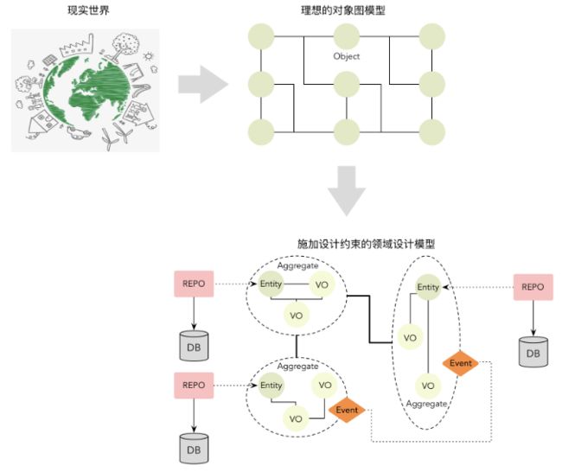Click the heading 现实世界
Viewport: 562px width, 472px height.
coord(88,10)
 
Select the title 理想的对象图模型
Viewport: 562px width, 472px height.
coord(343,10)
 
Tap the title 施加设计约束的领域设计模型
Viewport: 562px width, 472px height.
coord(366,244)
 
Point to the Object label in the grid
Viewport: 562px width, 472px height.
coord(346,56)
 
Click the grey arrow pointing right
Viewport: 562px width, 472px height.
coord(203,84)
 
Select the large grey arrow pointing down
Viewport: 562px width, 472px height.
coord(347,191)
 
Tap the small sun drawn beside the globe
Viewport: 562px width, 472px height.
coord(148,56)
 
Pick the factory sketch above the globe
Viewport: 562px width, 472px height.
coord(77,46)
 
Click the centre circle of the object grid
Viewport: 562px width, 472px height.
coord(346,84)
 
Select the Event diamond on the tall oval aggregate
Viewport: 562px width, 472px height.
coord(460,363)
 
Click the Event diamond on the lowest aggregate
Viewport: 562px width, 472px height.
coord(347,410)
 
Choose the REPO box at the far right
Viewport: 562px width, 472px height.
coord(533,287)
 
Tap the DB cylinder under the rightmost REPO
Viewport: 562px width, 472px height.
coord(533,352)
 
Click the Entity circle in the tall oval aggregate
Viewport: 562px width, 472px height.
coord(428,287)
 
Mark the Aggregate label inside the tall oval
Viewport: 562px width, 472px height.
coord(426,404)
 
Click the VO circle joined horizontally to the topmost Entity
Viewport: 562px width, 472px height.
coord(322,284)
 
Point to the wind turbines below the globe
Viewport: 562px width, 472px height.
coord(117,137)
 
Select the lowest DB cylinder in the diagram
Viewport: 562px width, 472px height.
coord(194,449)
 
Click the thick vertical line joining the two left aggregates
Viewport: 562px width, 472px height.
coord(297,346)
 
